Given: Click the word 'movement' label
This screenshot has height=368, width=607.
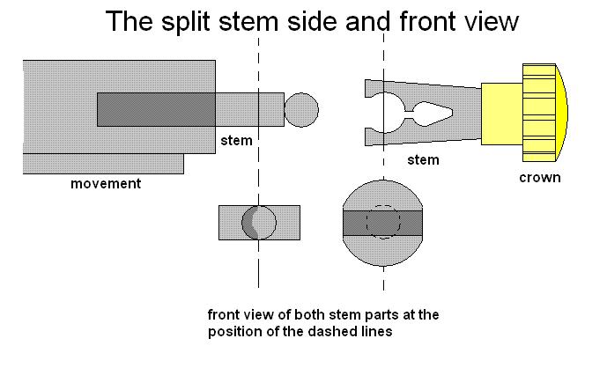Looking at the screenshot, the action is tap(106, 183).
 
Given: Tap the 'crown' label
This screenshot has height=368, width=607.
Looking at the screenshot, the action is tap(540, 178).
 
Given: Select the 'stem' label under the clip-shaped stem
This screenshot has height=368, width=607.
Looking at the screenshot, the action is tap(423, 160).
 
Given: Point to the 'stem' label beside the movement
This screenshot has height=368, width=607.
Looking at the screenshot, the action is tap(236, 140).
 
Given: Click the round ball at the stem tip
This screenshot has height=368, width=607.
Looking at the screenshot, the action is tap(301, 110).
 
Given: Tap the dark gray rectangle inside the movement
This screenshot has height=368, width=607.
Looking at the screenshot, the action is tap(156, 109).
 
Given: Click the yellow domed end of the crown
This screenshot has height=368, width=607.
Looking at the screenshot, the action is tap(562, 113).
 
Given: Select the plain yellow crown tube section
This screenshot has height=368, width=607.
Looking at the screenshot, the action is tap(501, 114).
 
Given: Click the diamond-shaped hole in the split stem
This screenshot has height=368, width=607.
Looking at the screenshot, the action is tap(433, 114).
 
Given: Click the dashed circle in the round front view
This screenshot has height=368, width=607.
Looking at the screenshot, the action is tap(383, 222).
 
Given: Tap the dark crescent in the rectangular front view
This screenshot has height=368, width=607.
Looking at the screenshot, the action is tap(249, 223).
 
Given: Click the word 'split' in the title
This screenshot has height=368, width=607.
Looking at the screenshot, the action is tap(186, 22).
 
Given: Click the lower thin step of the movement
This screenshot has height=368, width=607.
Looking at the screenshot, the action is tap(103, 164).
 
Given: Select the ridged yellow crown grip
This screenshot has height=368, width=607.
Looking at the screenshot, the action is tap(539, 113).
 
